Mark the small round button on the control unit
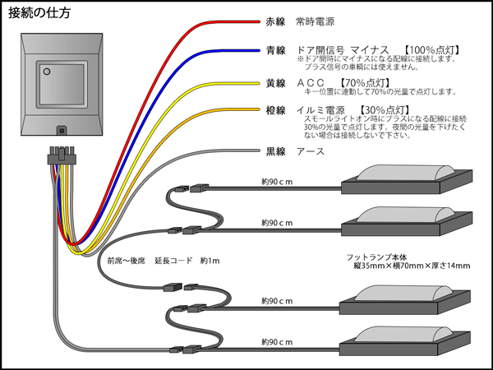coord(46,72)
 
